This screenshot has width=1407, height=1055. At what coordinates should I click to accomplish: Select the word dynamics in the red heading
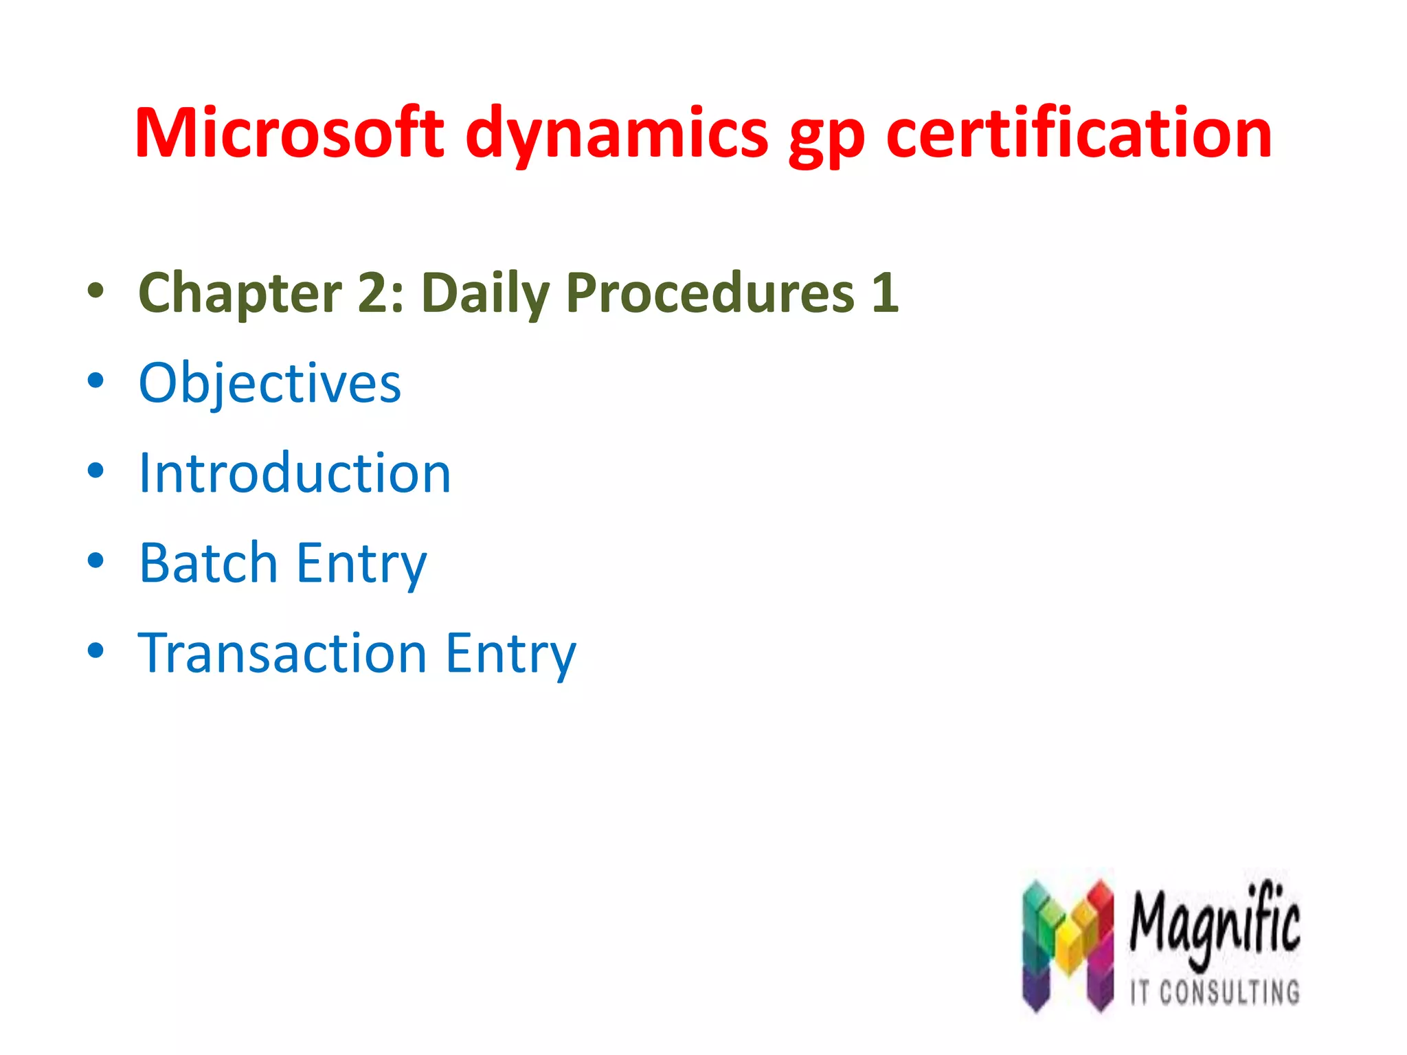616,134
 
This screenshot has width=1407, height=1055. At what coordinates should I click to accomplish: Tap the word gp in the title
826,137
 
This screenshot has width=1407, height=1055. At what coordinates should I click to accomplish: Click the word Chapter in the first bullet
240,293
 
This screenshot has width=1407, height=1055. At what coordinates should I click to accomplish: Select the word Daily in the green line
485,293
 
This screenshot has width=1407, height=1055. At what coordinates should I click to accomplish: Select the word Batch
208,563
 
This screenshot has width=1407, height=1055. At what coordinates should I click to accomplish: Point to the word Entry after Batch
361,564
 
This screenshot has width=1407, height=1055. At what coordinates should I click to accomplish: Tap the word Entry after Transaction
510,654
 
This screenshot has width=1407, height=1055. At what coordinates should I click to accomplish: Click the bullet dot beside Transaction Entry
95,650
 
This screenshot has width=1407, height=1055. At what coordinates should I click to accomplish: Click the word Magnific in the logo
1215,923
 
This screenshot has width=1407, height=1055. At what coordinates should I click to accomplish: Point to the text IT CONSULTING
1215,992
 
